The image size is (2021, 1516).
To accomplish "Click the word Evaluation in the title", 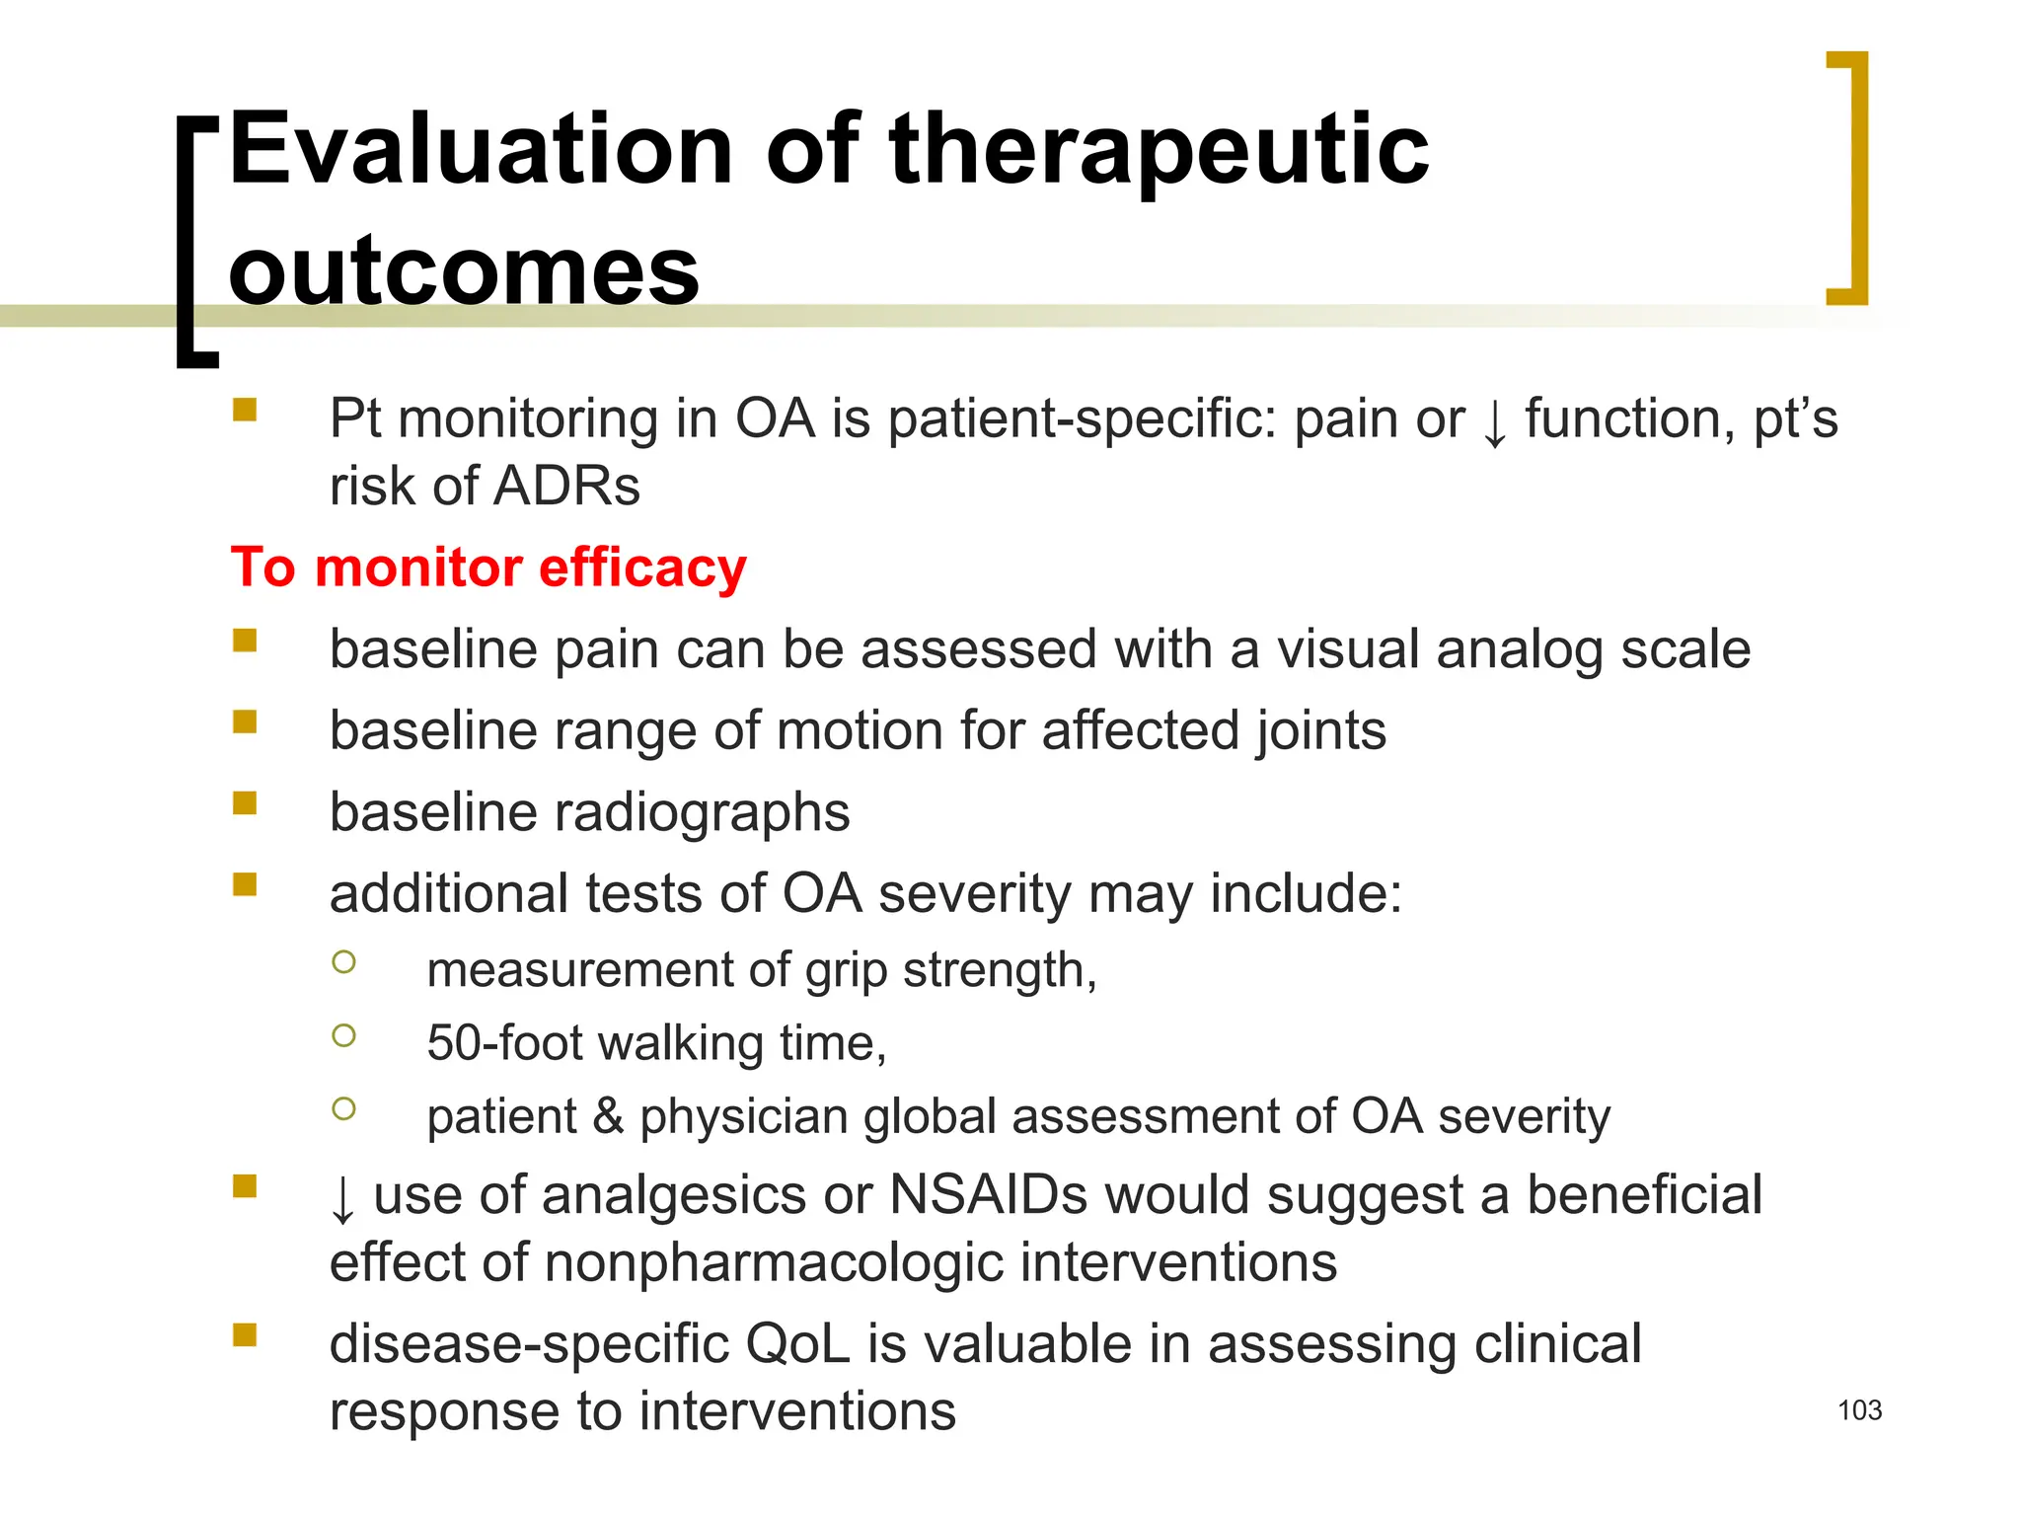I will (x=481, y=150).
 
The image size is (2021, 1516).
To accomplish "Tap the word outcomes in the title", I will (x=464, y=270).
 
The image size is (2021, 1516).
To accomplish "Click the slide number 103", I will (x=1859, y=1410).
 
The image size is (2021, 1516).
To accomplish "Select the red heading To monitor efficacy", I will (x=488, y=568).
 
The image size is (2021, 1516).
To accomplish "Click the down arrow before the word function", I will (x=1495, y=422).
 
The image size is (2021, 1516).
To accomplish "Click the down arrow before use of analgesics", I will (x=342, y=1198).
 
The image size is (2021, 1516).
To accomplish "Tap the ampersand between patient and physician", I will (x=608, y=1116).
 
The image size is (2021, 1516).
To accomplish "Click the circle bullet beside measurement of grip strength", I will (x=343, y=962).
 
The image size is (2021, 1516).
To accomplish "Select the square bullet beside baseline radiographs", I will (x=245, y=803).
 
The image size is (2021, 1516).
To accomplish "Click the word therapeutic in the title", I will (x=1159, y=150).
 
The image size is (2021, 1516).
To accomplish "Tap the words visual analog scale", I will (x=1514, y=649).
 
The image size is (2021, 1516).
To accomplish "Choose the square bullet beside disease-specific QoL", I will (x=245, y=1335).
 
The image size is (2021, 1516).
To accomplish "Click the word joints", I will (x=1320, y=731).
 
